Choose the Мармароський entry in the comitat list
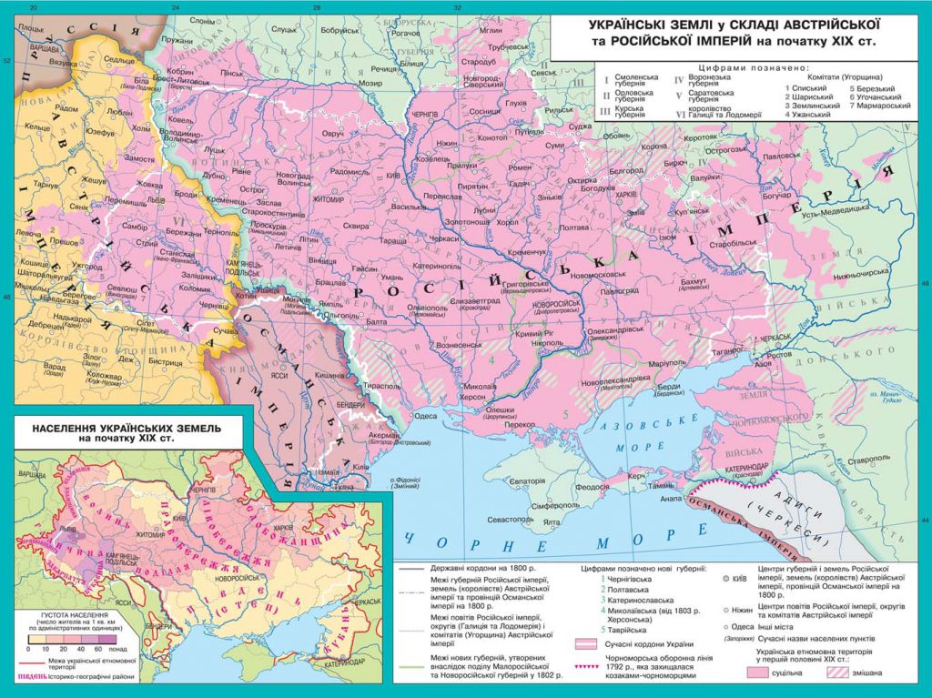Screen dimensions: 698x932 click(879, 106)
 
